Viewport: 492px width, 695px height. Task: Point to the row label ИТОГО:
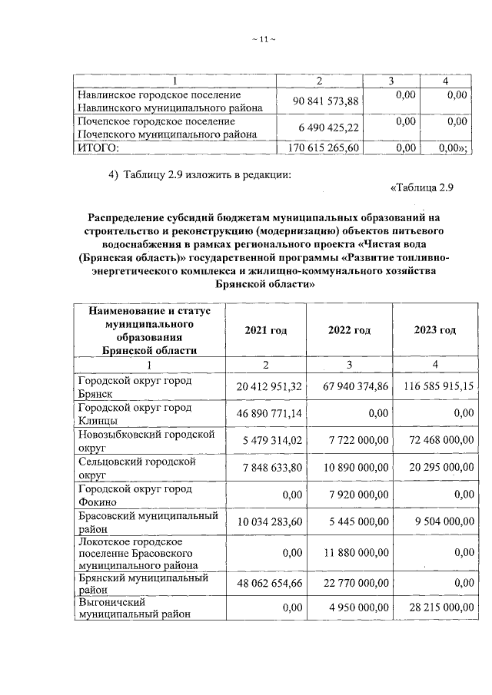click(98, 148)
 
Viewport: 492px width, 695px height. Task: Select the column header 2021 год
click(265, 330)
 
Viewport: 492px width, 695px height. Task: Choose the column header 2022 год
click(349, 330)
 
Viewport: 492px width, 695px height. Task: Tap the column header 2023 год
click(434, 330)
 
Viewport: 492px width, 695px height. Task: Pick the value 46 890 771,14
click(266, 413)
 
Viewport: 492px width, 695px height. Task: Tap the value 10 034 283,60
click(266, 522)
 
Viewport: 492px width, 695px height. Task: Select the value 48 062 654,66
click(266, 583)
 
